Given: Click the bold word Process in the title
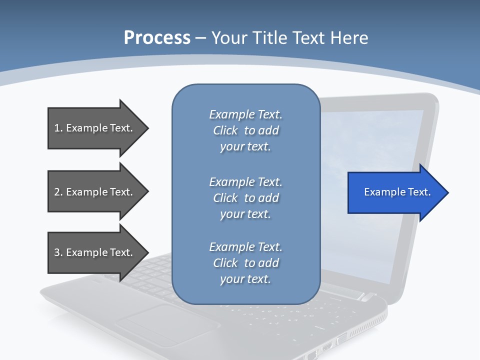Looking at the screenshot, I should pos(157,38).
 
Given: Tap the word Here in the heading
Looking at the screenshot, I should pos(348,38).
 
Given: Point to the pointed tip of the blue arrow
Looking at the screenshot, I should pos(447,192).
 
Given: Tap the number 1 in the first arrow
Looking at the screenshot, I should pos(57,128).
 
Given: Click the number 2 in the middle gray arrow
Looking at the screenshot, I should pos(57,192).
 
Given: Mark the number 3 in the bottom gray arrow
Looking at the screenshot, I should pos(57,252).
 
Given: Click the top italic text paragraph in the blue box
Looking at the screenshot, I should pos(245,130).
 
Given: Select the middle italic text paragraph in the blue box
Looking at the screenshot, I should pos(245,198).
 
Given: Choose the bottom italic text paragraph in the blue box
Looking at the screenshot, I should pos(245,263).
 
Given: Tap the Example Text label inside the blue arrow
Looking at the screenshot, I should pos(397,192).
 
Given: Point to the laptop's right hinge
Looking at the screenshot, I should pos(367,297).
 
